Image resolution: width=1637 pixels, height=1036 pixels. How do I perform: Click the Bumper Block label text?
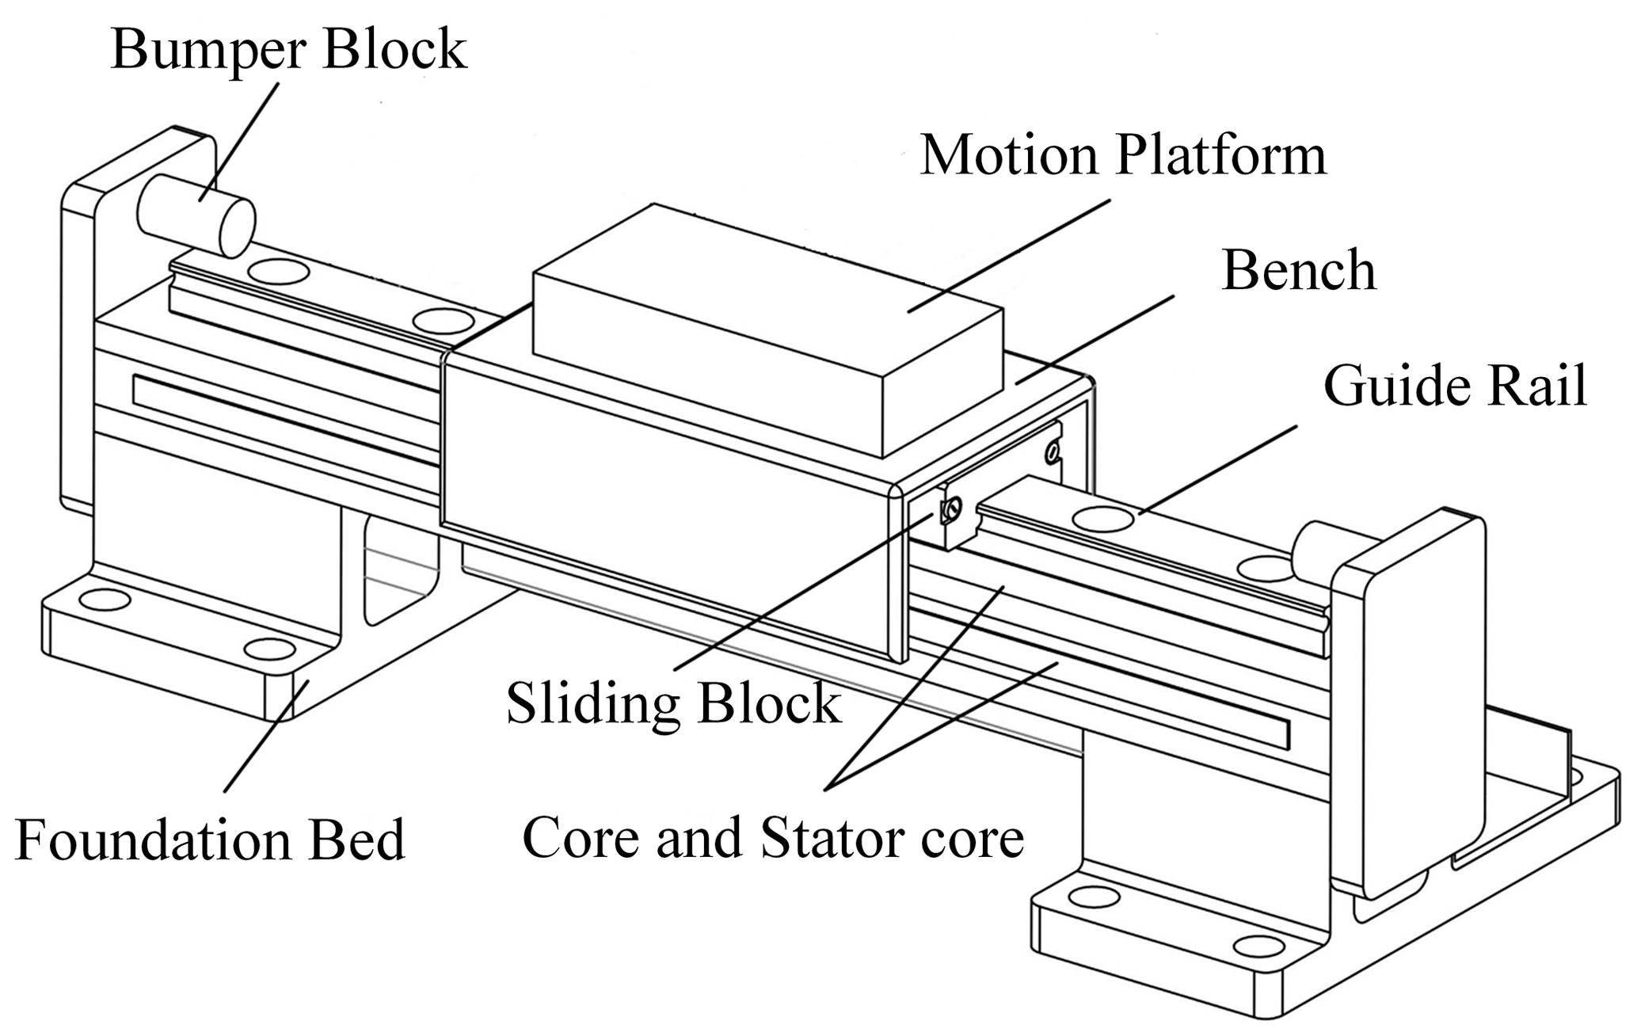pyautogui.click(x=289, y=49)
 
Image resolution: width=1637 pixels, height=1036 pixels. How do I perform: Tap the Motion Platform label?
pyautogui.click(x=1122, y=154)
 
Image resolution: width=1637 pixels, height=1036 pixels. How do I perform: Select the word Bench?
pyautogui.click(x=1299, y=271)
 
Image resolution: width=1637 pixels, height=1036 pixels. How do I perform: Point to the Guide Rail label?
pyautogui.click(x=1455, y=387)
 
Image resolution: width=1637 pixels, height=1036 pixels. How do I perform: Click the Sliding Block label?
pyautogui.click(x=673, y=703)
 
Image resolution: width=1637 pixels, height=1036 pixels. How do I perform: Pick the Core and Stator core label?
pyautogui.click(x=773, y=837)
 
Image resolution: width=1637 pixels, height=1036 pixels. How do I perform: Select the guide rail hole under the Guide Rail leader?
pyautogui.click(x=1102, y=520)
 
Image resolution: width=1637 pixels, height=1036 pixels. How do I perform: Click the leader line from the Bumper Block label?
pyautogui.click(x=240, y=139)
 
